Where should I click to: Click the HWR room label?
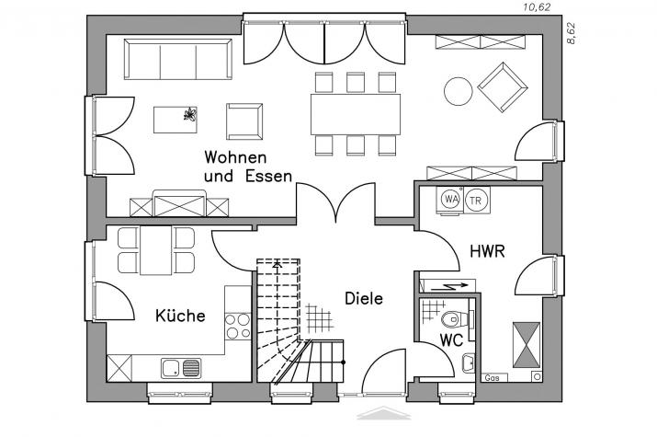(x=487, y=251)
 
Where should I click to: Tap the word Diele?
(x=364, y=299)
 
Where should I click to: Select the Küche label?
(x=180, y=316)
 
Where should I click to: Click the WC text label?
(x=451, y=339)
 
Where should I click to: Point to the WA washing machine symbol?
(x=450, y=200)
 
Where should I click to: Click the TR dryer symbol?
(x=476, y=201)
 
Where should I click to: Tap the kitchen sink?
(x=181, y=368)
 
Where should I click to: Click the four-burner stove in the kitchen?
(x=238, y=326)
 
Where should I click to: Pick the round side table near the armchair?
(x=458, y=91)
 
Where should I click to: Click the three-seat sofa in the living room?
(x=178, y=59)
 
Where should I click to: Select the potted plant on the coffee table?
(x=190, y=114)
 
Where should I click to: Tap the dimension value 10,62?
(x=536, y=7)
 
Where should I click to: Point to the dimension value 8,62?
(x=571, y=33)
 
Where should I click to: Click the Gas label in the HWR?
(x=492, y=378)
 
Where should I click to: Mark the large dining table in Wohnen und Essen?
(x=356, y=114)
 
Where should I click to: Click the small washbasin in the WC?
(x=469, y=363)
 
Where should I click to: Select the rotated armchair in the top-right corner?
(x=502, y=87)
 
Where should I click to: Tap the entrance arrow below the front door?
(x=383, y=413)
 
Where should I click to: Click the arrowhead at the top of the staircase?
(x=277, y=264)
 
